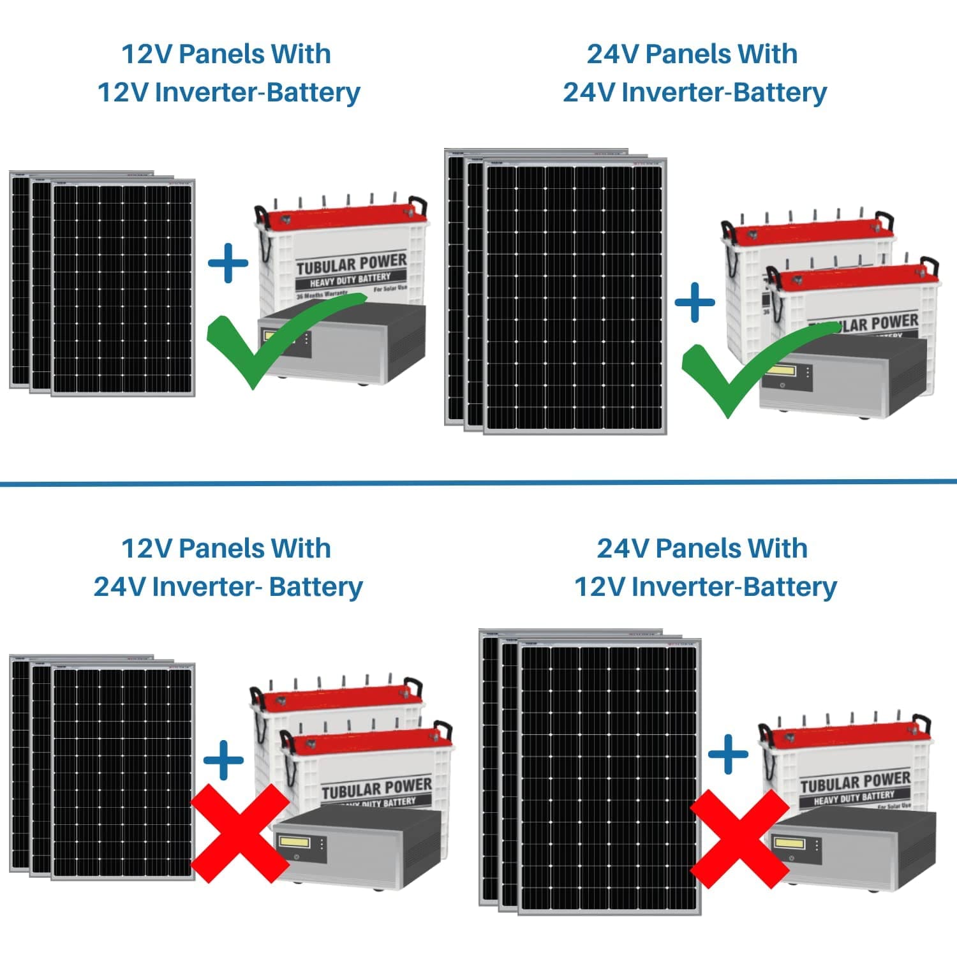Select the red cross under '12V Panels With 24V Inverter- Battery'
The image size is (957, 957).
[x=240, y=833]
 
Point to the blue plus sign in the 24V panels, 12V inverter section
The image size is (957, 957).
[x=728, y=753]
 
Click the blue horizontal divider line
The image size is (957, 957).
[x=478, y=483]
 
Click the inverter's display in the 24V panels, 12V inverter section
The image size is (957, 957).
[x=789, y=843]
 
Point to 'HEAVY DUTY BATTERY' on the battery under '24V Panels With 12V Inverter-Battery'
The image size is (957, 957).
[x=854, y=797]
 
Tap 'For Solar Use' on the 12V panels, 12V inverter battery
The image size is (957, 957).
[x=390, y=288]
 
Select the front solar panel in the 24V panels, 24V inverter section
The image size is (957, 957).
[x=575, y=297]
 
